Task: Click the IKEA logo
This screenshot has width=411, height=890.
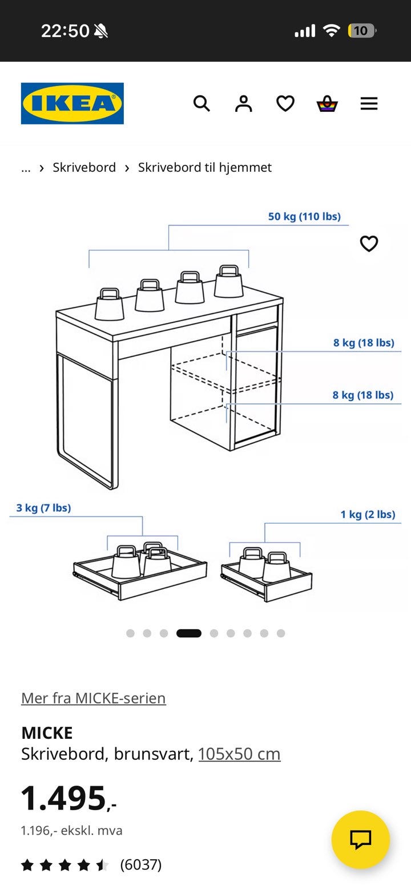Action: tap(72, 103)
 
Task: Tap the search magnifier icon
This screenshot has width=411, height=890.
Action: tap(202, 104)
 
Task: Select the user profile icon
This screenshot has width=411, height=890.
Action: tap(244, 104)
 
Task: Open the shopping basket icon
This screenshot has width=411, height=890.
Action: tap(327, 104)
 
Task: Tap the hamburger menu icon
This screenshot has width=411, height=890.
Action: tap(369, 104)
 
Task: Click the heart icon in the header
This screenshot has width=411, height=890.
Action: tap(285, 104)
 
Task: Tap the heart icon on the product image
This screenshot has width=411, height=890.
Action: tap(369, 244)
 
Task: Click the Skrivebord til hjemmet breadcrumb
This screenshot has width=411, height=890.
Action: tap(205, 168)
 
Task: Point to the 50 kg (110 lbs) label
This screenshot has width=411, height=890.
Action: tap(304, 217)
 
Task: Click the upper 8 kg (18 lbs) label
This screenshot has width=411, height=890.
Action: tap(364, 342)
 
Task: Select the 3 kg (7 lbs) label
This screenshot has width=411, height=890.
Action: tap(44, 508)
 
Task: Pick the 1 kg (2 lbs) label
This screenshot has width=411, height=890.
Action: tap(368, 515)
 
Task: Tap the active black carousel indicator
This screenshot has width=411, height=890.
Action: tap(189, 633)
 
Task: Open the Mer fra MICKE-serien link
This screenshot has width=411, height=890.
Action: tap(94, 698)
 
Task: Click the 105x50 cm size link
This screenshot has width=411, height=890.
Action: tap(239, 754)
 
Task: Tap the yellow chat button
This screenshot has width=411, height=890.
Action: tap(361, 840)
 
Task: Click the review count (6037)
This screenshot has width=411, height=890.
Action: tap(140, 864)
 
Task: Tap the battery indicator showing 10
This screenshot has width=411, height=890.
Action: tap(361, 31)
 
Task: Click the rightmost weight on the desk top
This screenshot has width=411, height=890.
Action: tap(228, 281)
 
